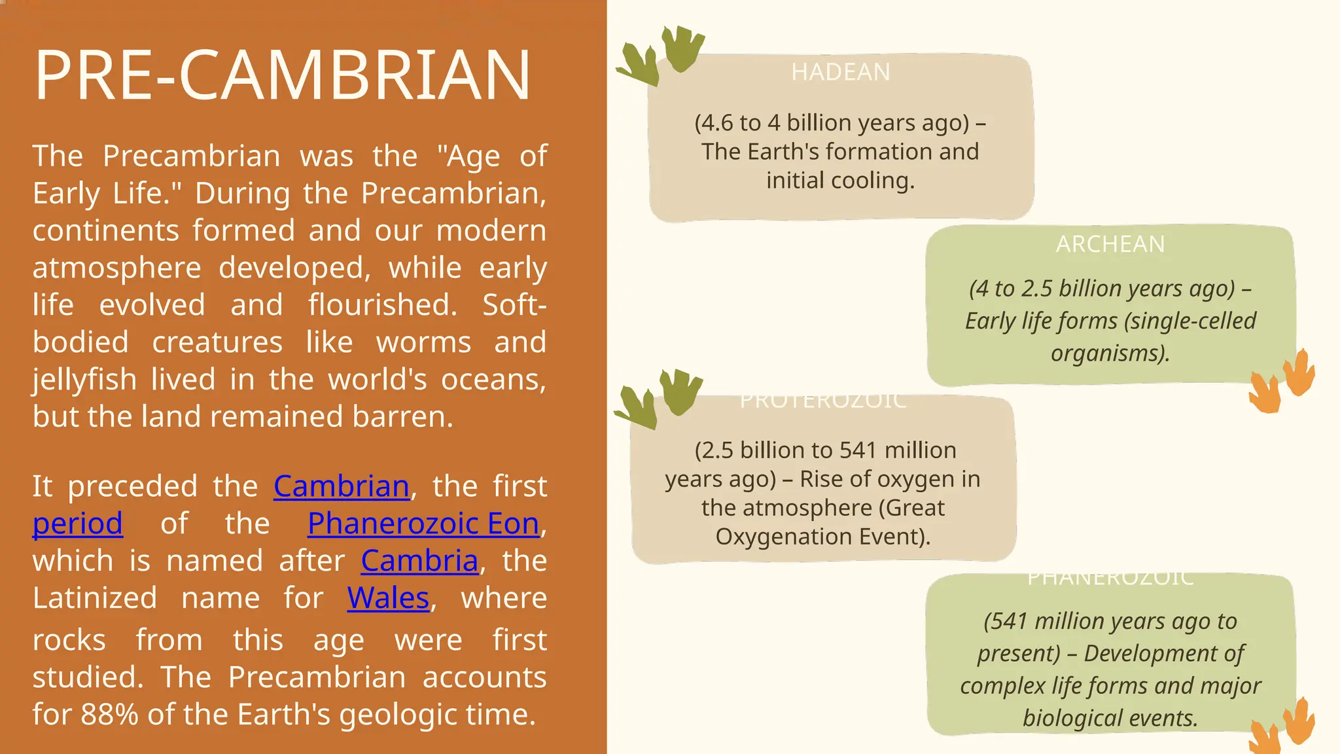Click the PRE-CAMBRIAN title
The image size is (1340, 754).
[282, 75]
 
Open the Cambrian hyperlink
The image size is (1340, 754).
[341, 486]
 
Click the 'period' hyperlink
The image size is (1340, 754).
[77, 524]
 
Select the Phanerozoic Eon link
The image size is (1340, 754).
[423, 524]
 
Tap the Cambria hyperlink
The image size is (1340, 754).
[419, 561]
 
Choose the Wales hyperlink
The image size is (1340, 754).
[388, 598]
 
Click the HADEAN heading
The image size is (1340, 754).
[840, 72]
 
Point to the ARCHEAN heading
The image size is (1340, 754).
[1110, 244]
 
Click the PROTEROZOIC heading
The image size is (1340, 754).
[823, 401]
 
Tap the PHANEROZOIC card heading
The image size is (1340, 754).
[1110, 579]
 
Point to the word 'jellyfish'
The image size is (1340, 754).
[82, 380]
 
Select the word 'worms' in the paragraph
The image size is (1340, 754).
[423, 343]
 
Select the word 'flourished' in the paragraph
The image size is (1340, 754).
[382, 306]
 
